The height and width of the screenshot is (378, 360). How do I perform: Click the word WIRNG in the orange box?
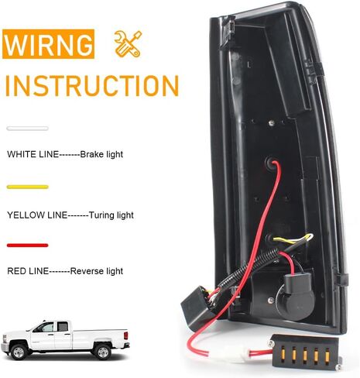point(48,44)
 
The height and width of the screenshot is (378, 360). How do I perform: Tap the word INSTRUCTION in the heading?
point(92,86)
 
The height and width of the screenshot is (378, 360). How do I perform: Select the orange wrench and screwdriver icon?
point(128,43)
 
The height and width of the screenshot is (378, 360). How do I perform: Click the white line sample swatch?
point(27,129)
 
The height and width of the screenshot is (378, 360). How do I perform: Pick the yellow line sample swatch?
point(27,187)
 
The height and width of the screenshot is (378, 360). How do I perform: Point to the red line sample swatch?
point(27,246)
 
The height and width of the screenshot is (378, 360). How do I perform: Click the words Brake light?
point(101,154)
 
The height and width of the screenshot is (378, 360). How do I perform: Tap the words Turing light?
point(111,215)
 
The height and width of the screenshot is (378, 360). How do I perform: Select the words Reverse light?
point(97,271)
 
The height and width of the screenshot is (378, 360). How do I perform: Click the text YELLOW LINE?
point(37,215)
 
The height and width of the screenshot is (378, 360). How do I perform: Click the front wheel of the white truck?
point(19,352)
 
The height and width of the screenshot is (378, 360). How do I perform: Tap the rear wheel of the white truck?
point(103,352)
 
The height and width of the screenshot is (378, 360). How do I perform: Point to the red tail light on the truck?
point(125,335)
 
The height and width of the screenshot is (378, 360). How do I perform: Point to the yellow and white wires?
point(294,239)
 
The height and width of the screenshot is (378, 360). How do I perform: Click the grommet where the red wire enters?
point(270,163)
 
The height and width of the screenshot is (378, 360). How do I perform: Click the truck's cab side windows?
point(55,327)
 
